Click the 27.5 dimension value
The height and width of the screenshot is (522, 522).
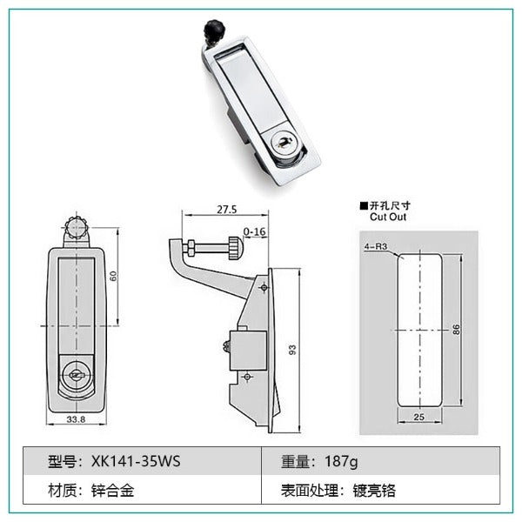click(227, 210)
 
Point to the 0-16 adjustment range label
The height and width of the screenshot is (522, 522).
click(255, 231)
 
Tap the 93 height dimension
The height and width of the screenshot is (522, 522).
click(292, 350)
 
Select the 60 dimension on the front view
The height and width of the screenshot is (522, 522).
click(113, 276)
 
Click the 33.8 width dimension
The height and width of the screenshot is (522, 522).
click(76, 419)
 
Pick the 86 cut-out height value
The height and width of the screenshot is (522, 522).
click(456, 330)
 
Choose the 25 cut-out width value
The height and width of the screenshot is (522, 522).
click(418, 417)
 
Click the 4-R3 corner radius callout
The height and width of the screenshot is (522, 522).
click(376, 247)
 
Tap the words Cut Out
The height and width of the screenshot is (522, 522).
click(388, 217)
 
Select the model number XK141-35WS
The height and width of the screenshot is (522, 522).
click(136, 461)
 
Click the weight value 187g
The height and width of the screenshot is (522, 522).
click(341, 462)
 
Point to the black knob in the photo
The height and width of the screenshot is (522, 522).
click(214, 29)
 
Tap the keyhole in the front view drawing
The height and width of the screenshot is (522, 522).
click(76, 376)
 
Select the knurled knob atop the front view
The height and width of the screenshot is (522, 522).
click(77, 227)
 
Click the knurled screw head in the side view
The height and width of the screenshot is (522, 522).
click(236, 248)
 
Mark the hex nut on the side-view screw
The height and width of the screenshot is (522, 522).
click(191, 248)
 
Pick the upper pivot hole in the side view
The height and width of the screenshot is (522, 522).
click(264, 287)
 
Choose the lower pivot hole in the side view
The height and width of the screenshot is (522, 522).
click(247, 377)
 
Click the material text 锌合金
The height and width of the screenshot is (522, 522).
click(112, 491)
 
